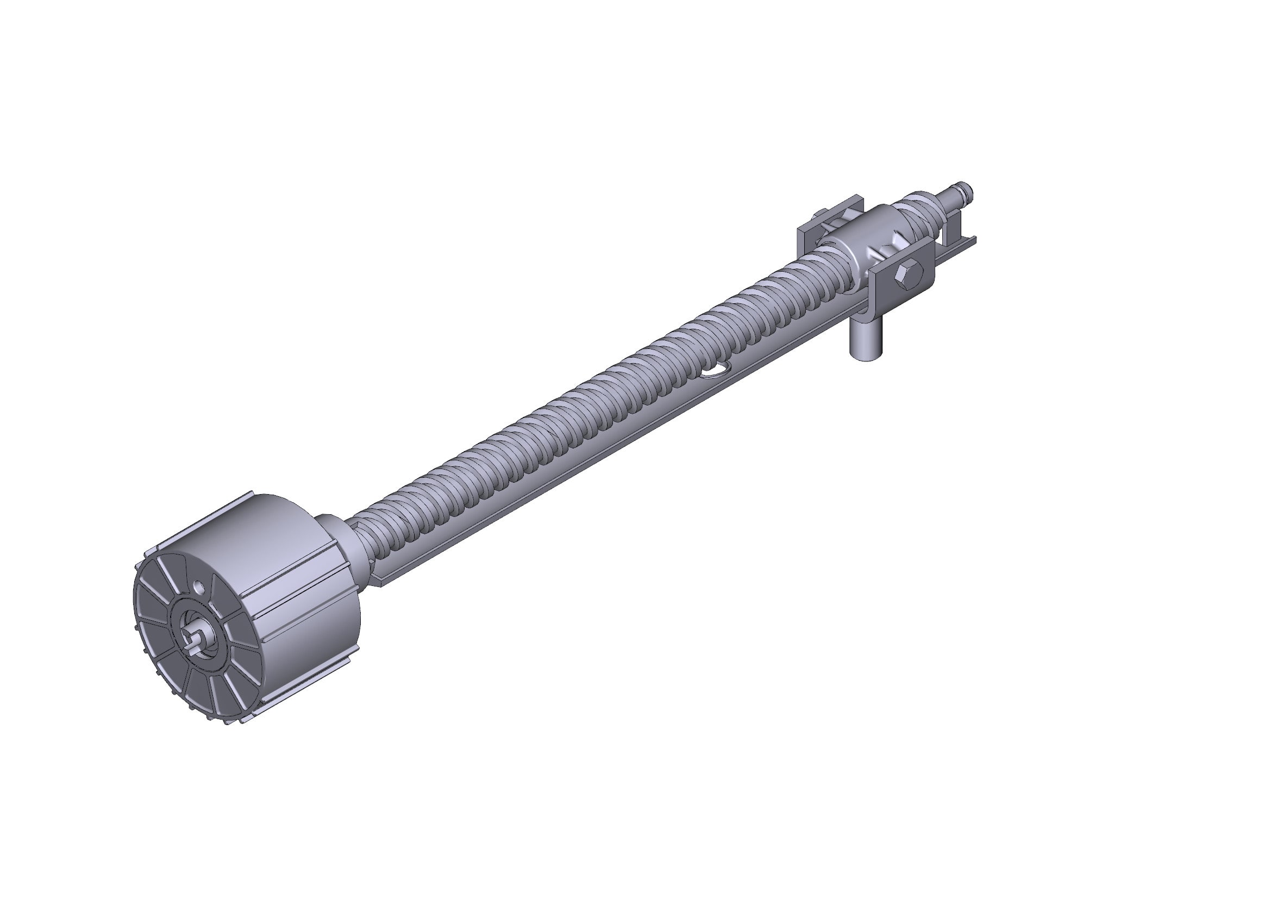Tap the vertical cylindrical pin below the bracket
864,344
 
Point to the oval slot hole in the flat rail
714,371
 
